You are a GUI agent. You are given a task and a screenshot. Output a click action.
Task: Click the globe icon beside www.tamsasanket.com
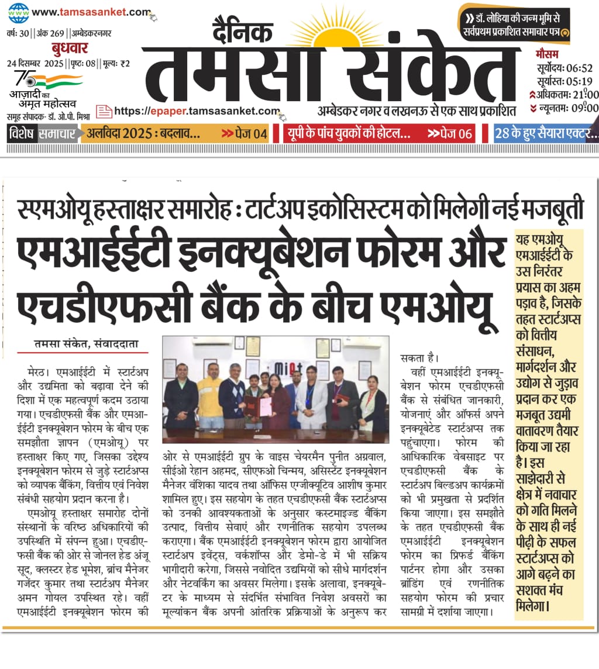tap(18, 11)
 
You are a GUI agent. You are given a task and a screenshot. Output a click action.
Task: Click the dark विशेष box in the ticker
tap(22, 133)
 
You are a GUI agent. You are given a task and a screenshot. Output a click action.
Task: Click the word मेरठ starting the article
tap(38, 371)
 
